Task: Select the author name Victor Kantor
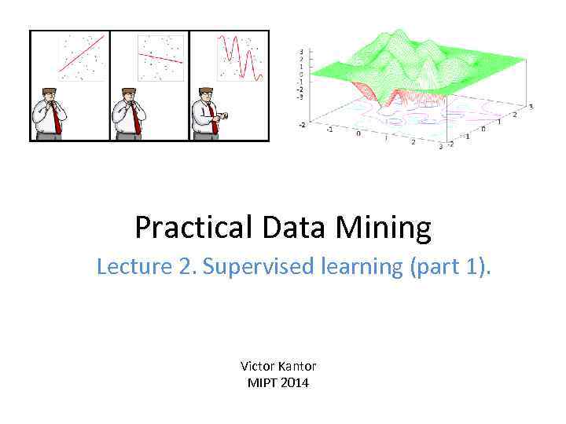click(278, 366)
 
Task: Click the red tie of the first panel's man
click(56, 119)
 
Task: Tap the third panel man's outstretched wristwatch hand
click(226, 115)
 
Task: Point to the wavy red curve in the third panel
click(241, 53)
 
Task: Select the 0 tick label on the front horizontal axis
click(358, 133)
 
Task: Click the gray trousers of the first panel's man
click(49, 136)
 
